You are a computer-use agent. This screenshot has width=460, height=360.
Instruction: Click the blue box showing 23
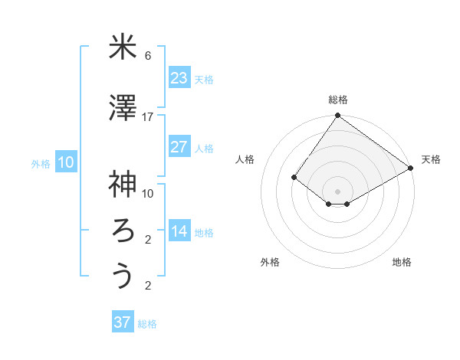pos(179,78)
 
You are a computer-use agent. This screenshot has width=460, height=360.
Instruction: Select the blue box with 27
pos(179,147)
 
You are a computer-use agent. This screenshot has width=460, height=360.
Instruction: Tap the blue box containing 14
pos(179,231)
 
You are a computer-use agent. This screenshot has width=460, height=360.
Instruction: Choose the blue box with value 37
pos(122,322)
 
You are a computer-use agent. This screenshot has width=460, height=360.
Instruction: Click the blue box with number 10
pos(65,162)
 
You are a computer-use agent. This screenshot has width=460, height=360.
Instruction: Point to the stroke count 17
pos(148,117)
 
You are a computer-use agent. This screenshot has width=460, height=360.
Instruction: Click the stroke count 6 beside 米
pos(148,56)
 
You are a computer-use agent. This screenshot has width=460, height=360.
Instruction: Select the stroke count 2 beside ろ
pos(148,240)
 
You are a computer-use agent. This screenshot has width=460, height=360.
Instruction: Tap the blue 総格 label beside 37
pos(147,324)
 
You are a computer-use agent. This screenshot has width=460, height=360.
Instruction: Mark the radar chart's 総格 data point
pos(337,116)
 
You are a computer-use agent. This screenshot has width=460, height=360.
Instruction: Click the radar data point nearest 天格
pos(411,168)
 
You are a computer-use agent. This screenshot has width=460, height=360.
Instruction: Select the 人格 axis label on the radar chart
pos(245,159)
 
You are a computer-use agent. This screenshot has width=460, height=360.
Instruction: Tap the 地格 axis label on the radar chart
pos(402,262)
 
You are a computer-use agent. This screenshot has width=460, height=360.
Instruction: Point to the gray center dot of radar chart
pos(337,190)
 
